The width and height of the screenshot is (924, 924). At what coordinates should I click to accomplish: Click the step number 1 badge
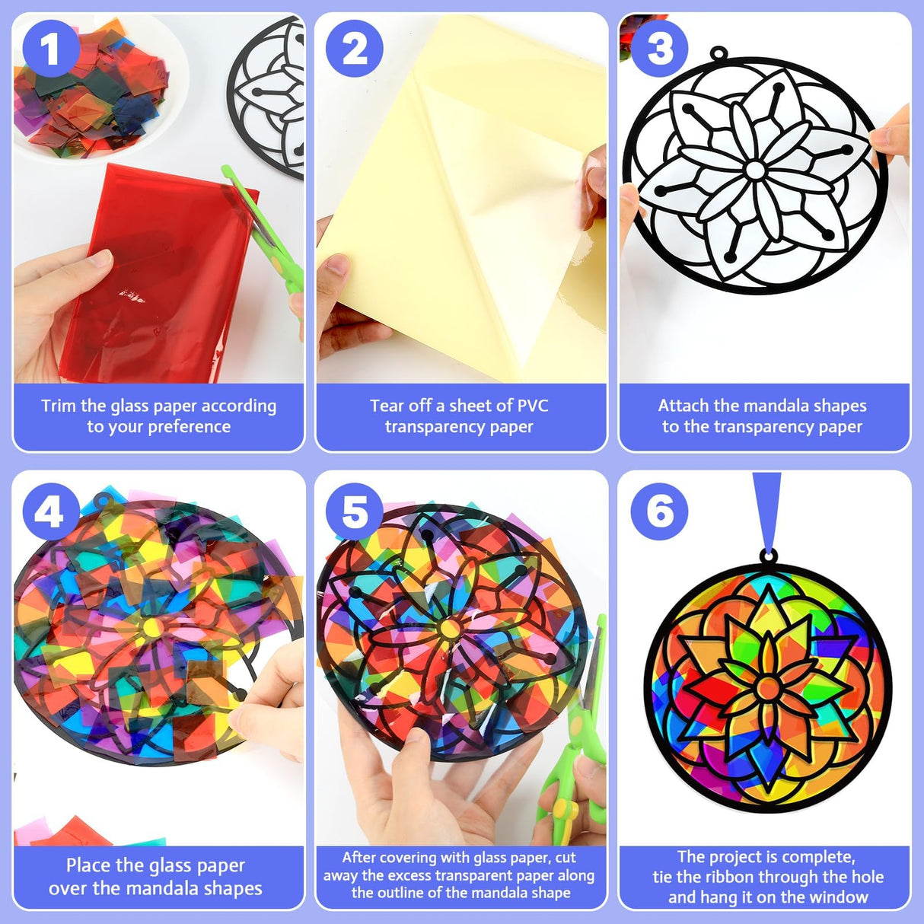click(49, 50)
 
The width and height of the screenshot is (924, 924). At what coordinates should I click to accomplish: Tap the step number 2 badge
click(354, 50)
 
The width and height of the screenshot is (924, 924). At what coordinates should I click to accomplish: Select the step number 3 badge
click(659, 50)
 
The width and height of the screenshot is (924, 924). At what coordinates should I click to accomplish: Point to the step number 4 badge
click(49, 511)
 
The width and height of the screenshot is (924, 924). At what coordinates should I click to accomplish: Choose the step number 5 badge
click(354, 511)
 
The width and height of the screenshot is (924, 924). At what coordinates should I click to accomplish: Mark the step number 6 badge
click(659, 511)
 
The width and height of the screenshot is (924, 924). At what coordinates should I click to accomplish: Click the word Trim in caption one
click(59, 406)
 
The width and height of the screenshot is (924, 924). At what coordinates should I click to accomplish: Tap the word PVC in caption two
click(531, 406)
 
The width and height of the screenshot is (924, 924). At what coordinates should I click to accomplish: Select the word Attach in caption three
click(683, 406)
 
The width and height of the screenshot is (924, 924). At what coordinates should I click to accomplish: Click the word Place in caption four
click(88, 865)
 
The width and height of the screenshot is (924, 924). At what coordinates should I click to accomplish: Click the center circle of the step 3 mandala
click(754, 169)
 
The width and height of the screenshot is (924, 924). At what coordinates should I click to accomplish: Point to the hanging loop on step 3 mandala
click(717, 53)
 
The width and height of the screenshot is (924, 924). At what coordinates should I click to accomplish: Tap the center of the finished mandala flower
click(768, 687)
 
